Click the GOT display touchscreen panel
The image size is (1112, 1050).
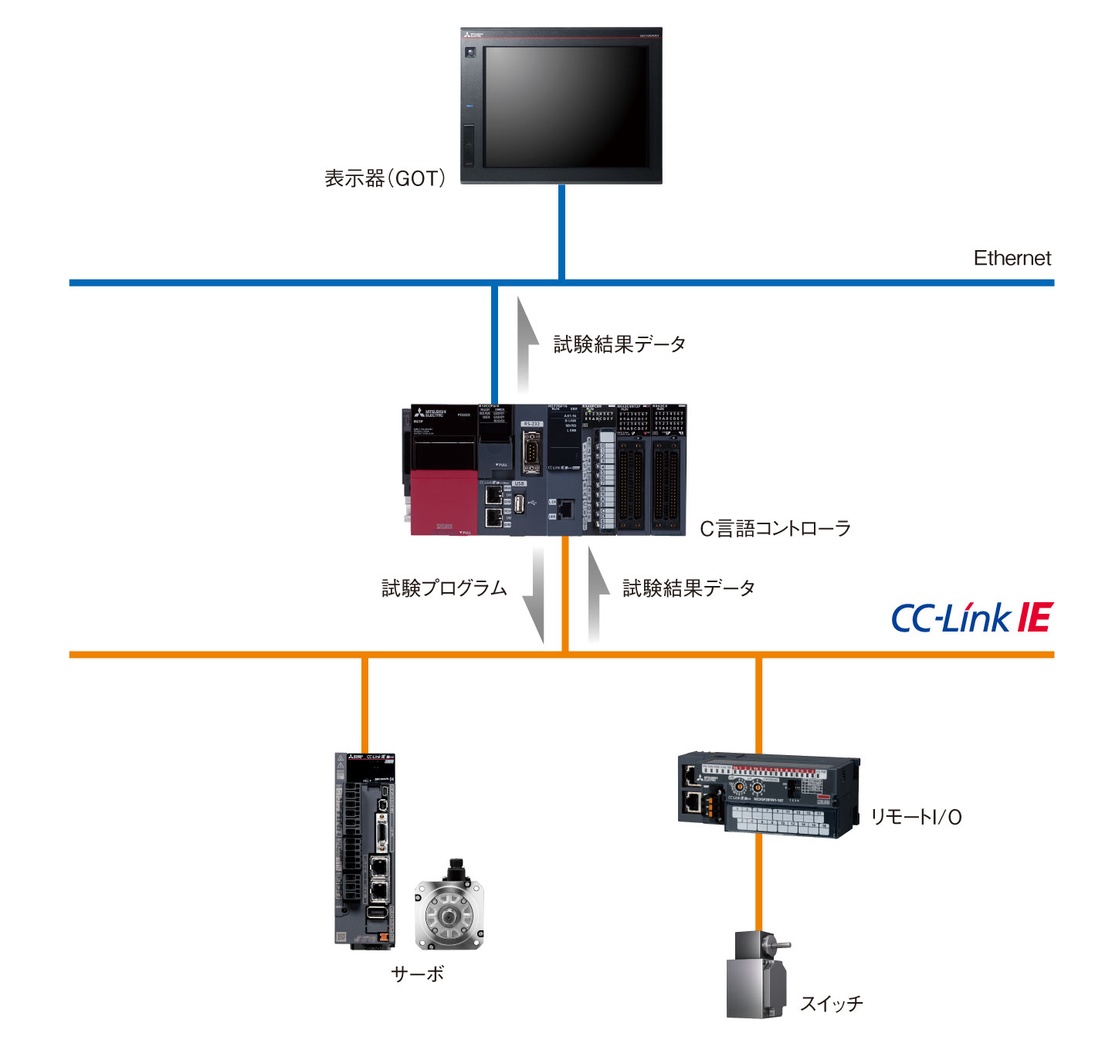565,106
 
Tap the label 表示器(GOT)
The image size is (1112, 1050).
385,179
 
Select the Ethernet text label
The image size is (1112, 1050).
1012,259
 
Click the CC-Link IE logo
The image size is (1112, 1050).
971,618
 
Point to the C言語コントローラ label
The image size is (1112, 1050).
775,529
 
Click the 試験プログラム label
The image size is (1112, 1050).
444,588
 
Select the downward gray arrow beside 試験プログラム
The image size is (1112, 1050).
534,594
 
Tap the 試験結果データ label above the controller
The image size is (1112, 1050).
619,344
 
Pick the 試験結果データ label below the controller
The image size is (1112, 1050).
689,588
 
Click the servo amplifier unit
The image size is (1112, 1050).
364,849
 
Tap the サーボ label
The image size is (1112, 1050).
418,974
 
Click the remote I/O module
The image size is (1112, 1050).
768,795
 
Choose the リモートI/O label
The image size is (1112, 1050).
916,817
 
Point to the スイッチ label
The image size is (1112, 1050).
831,1004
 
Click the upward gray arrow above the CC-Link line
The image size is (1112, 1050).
595,594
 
